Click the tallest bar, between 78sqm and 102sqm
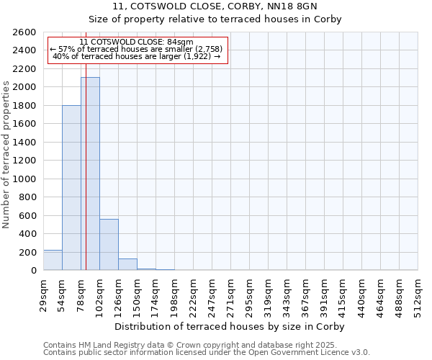click(x=90, y=174)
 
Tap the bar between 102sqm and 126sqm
click(x=109, y=244)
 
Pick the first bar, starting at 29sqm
click(x=53, y=260)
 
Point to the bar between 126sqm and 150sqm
click(x=127, y=264)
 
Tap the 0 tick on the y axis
click(x=33, y=271)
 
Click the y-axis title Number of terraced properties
click(x=7, y=155)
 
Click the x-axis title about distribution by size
click(x=230, y=326)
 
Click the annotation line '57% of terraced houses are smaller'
click(x=137, y=49)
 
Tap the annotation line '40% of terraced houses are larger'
click(x=137, y=56)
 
